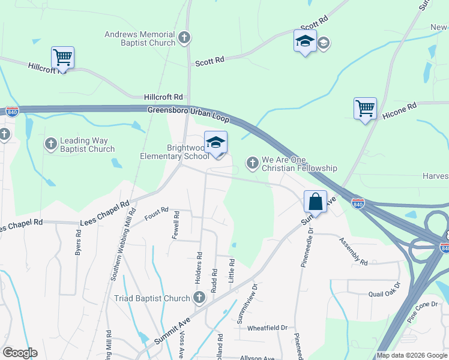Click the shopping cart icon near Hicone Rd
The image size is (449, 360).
365,109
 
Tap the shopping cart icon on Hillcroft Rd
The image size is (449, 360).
62,58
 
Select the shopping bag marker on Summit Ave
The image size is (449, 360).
315,202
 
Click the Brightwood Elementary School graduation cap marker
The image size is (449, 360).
215,143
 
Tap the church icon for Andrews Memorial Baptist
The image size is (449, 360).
184,39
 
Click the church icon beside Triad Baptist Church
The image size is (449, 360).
199,298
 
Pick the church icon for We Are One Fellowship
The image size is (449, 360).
253,162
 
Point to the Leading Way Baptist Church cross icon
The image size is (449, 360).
51,144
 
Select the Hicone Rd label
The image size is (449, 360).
399,110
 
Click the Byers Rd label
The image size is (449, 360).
78,247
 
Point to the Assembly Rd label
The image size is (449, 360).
353,252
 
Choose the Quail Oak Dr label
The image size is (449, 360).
382,292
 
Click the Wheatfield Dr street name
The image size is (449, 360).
267,328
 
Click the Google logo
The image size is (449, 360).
19,353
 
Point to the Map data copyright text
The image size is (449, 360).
411,355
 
